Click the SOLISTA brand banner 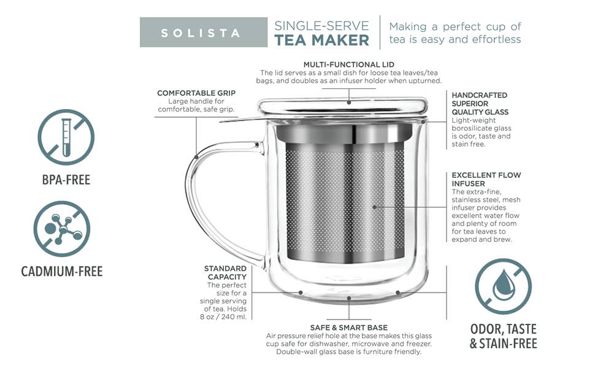pos(204,33)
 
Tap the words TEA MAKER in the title pos(322,40)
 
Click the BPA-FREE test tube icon pos(66,137)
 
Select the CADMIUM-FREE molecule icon pos(62,229)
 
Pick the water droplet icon pos(503,286)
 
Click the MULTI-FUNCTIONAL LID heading pos(349,64)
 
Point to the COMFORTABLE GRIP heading pos(196,93)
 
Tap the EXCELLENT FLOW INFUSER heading pos(486,179)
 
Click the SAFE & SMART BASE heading pos(349,328)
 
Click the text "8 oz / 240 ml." pos(223,316)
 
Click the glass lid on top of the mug pos(343,107)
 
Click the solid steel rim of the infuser pos(344,133)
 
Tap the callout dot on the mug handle pos(196,156)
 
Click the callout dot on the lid pos(349,102)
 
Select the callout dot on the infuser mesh pos(375,207)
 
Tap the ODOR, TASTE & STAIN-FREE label pos(504,336)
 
